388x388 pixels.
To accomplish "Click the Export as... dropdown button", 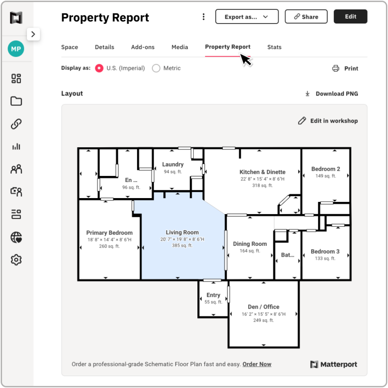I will tap(247, 17).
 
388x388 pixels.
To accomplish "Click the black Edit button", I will tap(350, 17).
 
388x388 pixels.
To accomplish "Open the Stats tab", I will tap(274, 47).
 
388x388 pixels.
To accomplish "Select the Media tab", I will tap(180, 47).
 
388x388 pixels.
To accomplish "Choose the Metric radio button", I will tap(156, 68).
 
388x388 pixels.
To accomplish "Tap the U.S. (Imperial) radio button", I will tap(99, 68).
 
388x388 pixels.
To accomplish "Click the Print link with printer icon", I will tap(345, 69).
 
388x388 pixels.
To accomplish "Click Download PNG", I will tap(332, 94).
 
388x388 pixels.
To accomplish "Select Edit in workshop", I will tap(328, 121).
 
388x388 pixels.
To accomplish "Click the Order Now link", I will tap(257, 364).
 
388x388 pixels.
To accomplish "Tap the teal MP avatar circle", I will tap(16, 49).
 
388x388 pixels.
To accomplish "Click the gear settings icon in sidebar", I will tap(16, 260).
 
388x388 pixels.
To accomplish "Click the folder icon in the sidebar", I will tap(16, 101).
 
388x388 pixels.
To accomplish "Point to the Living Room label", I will tap(182, 232).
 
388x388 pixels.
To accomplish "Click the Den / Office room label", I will tap(263, 307).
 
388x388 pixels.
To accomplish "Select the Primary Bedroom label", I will tap(109, 233).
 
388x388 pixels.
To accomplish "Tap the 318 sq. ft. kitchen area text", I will tap(262, 185).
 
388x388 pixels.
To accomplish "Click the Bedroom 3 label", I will tap(325, 251).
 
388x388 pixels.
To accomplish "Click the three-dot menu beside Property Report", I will tap(204, 17).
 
